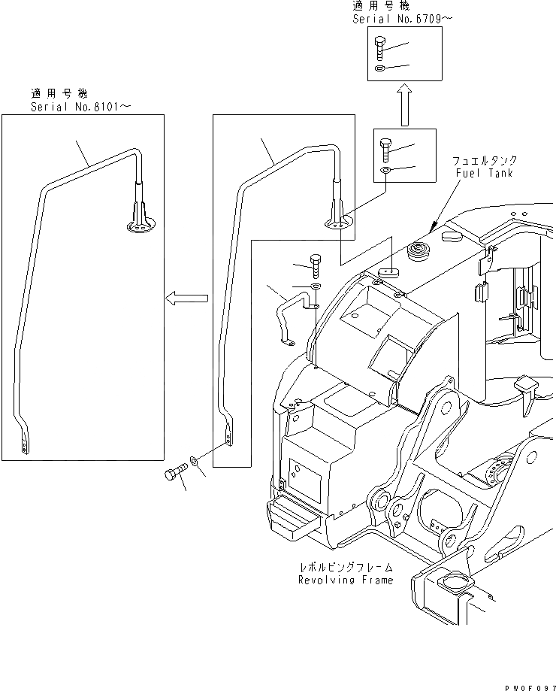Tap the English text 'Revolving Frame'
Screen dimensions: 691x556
pos(345,580)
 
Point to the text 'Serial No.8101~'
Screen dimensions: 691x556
pos(80,107)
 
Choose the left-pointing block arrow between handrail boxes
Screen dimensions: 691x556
pos(186,299)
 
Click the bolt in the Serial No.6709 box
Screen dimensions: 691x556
pos(380,48)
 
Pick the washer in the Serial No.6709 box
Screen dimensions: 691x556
pos(380,70)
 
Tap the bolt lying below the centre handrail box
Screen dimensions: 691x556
pos(174,474)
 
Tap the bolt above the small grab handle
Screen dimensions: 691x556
pos(316,265)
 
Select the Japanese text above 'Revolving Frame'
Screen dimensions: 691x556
pos(345,567)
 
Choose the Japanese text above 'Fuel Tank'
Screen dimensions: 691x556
pos(485,161)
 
